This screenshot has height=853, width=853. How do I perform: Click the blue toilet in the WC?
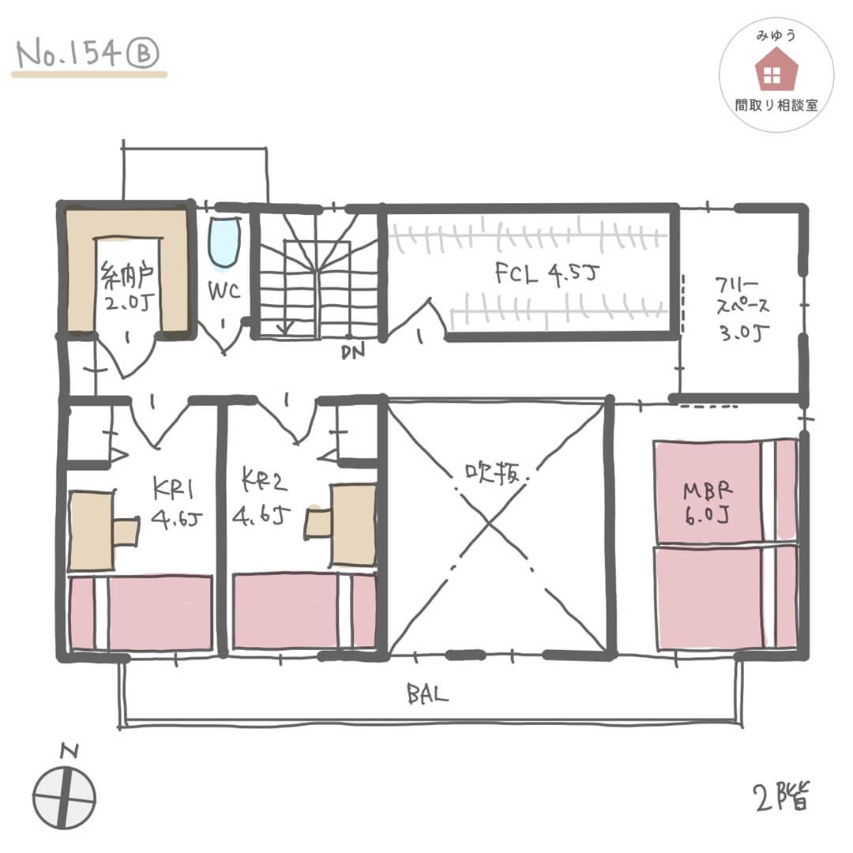tap(224, 242)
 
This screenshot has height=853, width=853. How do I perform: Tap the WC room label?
tap(224, 291)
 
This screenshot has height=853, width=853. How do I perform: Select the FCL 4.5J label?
tap(547, 273)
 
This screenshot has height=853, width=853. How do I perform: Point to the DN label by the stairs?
tap(353, 352)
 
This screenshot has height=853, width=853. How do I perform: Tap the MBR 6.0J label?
tap(707, 503)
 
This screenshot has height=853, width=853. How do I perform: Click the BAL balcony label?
tap(427, 695)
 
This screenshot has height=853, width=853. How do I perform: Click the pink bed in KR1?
tap(141, 612)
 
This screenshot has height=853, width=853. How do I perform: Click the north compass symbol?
tap(64, 798)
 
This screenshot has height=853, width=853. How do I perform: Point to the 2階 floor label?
tap(782, 797)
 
